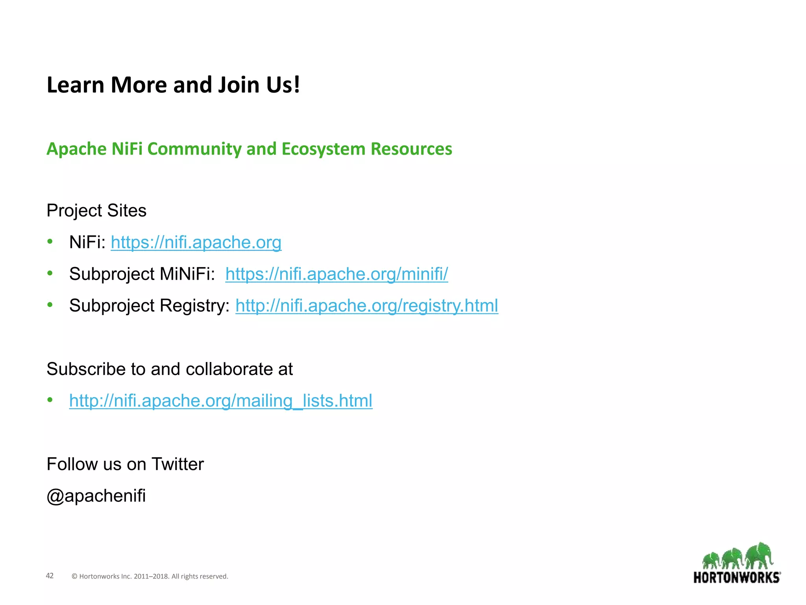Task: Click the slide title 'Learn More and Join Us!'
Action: [173, 85]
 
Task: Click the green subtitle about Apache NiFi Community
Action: [249, 149]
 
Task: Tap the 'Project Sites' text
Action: [96, 211]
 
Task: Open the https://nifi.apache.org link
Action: [196, 242]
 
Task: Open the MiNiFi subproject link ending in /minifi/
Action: [336, 274]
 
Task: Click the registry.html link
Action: [367, 306]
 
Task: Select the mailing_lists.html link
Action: [221, 401]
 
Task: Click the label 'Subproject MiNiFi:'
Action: [142, 274]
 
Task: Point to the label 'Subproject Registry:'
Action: [150, 306]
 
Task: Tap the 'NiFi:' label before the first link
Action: [87, 242]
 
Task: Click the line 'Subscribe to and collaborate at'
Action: [170, 369]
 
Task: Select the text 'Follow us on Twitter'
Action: [125, 464]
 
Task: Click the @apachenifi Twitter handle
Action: [96, 496]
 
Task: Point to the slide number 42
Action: [50, 576]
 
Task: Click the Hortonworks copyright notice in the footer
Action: [150, 576]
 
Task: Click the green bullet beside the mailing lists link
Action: [50, 400]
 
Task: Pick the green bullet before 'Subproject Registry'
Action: [50, 305]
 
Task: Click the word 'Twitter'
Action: [177, 464]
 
